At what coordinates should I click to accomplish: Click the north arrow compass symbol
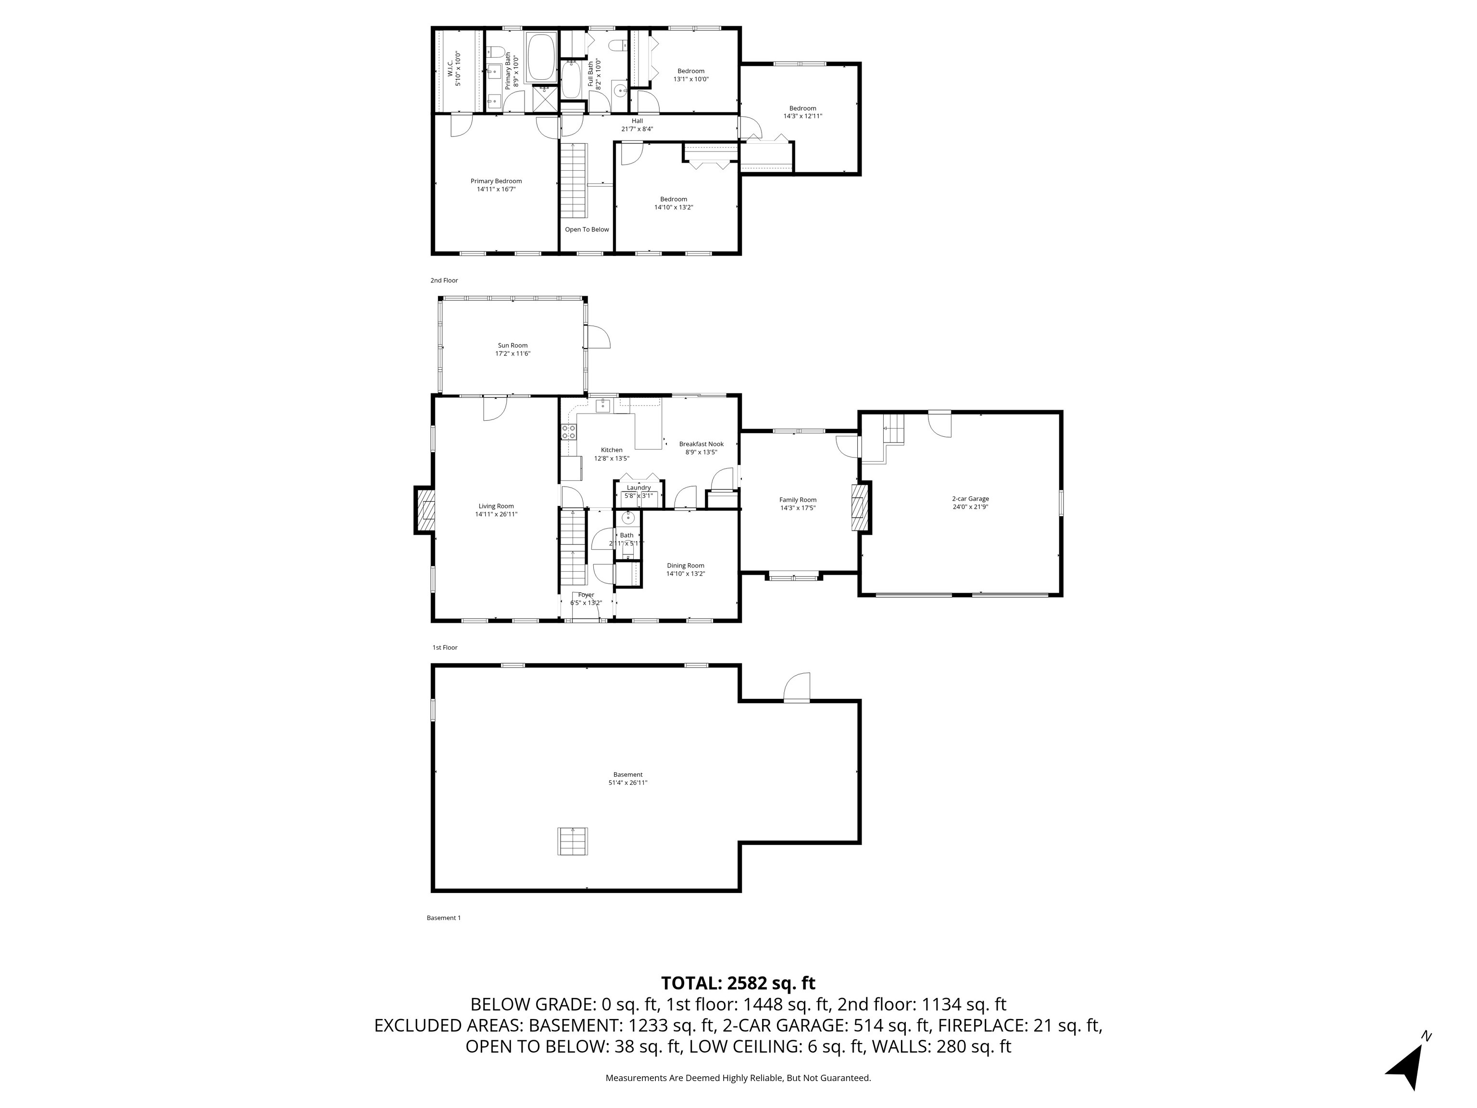pos(1409,1063)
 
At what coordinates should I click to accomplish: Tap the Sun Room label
pos(513,345)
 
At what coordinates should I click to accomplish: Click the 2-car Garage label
pos(970,498)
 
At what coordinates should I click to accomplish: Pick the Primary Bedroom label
pos(496,181)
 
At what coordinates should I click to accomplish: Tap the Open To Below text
pos(587,229)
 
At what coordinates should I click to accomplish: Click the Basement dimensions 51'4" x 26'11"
pos(627,783)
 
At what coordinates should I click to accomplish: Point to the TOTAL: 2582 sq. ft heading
pos(738,983)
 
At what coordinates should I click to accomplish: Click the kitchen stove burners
pos(569,431)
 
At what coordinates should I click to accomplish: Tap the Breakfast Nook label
pos(701,443)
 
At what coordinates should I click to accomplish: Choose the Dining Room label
pos(685,565)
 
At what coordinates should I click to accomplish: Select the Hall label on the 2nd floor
pos(637,121)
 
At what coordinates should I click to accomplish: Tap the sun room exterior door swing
pos(598,337)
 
